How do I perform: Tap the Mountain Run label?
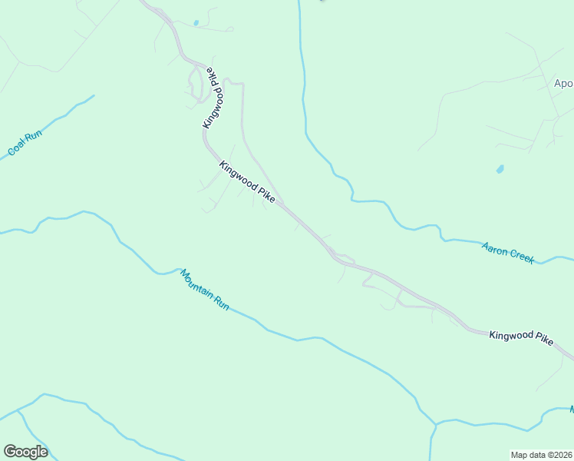tap(205, 289)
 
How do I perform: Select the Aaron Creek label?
tap(508, 253)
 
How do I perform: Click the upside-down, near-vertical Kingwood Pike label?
tap(214, 99)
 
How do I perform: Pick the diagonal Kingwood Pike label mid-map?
tap(247, 182)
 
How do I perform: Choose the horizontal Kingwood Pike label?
tap(521, 338)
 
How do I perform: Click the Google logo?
tap(25, 452)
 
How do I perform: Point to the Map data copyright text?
tap(542, 455)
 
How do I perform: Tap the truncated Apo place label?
tap(564, 83)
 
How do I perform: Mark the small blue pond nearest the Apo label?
tap(500, 168)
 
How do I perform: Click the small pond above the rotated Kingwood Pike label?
tap(196, 23)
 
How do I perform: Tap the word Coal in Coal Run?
tap(17, 150)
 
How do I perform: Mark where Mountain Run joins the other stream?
tap(435, 423)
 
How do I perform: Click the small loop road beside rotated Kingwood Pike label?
tap(196, 83)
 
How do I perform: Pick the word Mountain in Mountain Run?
tap(196, 282)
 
